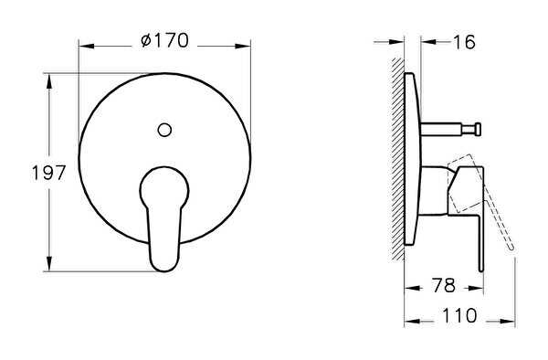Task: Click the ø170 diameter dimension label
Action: coord(164,41)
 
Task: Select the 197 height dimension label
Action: coord(48,173)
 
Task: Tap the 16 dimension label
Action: coord(464,42)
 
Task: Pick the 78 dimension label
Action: coord(443,286)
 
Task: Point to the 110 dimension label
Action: coord(459,315)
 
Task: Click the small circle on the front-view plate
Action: coord(164,130)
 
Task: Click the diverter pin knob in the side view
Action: coord(478,130)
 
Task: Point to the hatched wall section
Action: coord(397,159)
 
